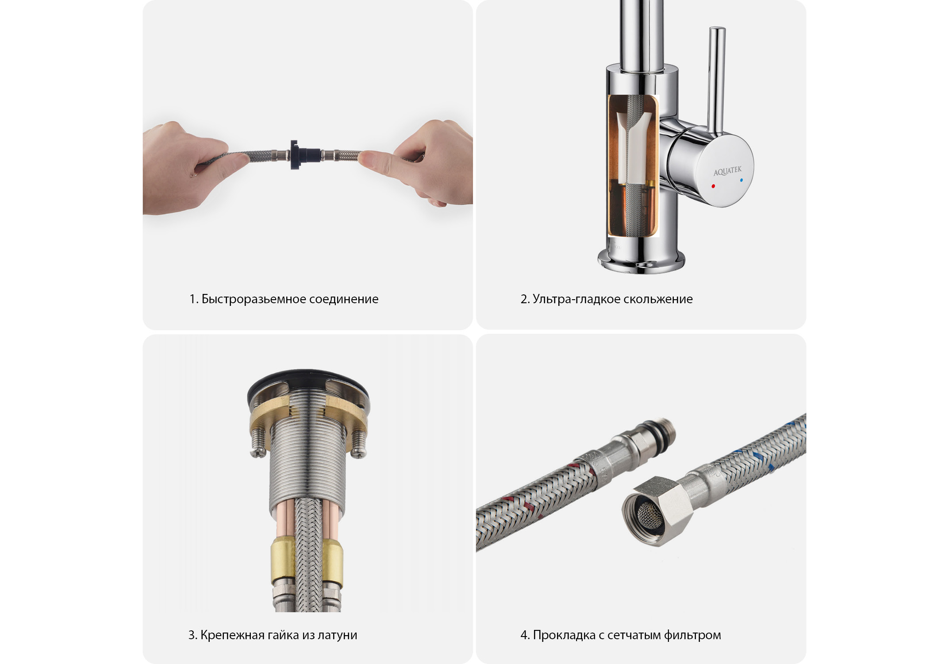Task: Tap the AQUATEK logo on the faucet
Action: coord(727,170)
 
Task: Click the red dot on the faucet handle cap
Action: coord(713,186)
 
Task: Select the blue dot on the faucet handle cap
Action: coord(741,181)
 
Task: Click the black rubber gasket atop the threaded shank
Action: coord(308,376)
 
